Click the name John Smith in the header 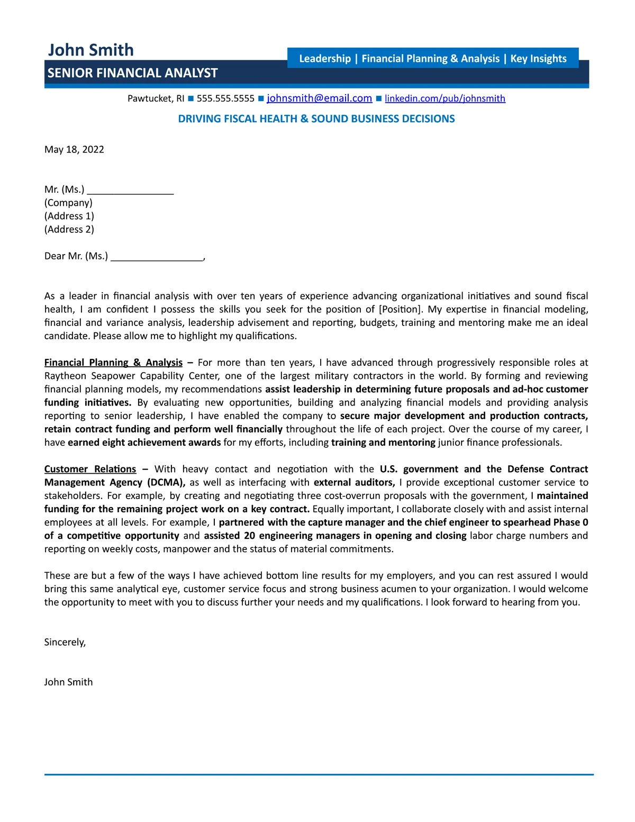coord(90,50)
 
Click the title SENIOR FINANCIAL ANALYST coord(132,73)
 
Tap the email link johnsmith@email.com coord(319,98)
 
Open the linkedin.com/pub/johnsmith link coord(444,98)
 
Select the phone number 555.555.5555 coord(225,98)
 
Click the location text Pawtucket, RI coord(156,98)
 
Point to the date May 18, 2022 coord(74,149)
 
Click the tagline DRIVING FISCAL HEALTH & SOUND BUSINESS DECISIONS coord(316,119)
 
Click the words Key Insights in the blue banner coord(538,58)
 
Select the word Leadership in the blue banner coord(325,58)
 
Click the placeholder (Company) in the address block coord(68,203)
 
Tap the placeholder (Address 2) coord(69,229)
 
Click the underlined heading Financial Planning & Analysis coord(113,363)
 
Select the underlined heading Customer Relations coord(90,469)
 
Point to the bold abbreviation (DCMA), coord(166,482)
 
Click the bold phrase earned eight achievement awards coord(144,442)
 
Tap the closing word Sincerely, coord(65,642)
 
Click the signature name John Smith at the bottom coord(68,682)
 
